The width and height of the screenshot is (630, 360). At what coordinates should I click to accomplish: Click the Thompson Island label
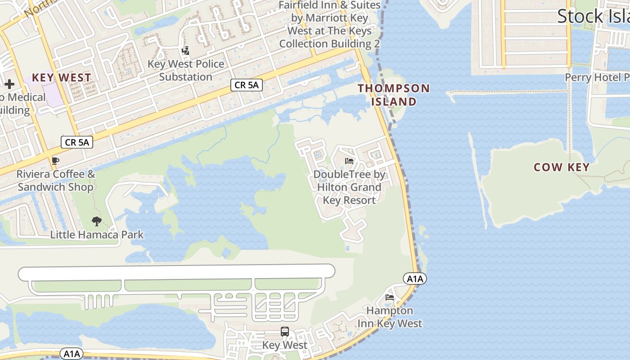click(x=394, y=95)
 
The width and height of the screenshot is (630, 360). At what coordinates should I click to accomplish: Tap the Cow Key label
click(x=561, y=167)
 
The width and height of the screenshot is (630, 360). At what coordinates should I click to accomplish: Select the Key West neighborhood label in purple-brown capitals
click(x=61, y=77)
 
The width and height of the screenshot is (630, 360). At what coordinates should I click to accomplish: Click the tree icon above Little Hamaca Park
click(x=96, y=221)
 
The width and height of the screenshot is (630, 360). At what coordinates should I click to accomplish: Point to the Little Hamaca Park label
click(x=97, y=234)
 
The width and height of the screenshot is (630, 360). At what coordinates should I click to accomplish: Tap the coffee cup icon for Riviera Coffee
click(x=55, y=161)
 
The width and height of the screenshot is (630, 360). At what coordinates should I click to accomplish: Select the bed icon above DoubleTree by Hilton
click(x=349, y=161)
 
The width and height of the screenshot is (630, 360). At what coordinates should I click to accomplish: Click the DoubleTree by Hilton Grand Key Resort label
click(x=349, y=187)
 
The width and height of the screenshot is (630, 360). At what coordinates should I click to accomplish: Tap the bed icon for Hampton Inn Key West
click(x=390, y=297)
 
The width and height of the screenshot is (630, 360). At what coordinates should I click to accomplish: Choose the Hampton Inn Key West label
click(x=390, y=317)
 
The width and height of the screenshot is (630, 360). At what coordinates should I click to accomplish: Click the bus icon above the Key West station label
click(x=285, y=332)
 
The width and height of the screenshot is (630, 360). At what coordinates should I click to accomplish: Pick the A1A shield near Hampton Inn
click(x=414, y=279)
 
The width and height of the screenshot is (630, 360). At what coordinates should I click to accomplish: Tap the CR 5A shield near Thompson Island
click(x=247, y=85)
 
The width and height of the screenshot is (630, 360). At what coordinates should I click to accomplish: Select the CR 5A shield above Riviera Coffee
click(x=77, y=143)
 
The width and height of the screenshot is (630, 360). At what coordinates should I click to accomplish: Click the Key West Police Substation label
click(x=186, y=70)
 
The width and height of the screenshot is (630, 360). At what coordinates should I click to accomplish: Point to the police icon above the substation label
click(x=185, y=51)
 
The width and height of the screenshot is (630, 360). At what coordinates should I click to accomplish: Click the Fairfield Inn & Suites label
click(x=329, y=24)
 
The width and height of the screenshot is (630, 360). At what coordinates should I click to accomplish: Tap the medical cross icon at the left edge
click(x=9, y=84)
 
